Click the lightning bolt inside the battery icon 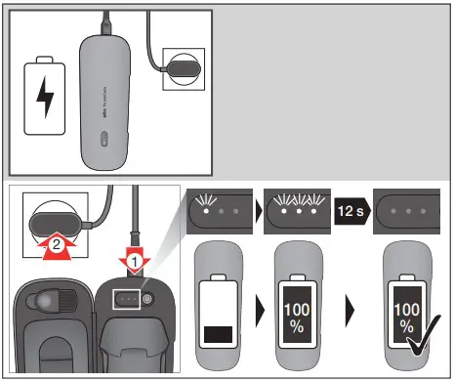(44, 99)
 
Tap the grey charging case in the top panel (104, 99)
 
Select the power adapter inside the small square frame (185, 71)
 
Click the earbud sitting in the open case (46, 305)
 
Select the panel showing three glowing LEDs (297, 209)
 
